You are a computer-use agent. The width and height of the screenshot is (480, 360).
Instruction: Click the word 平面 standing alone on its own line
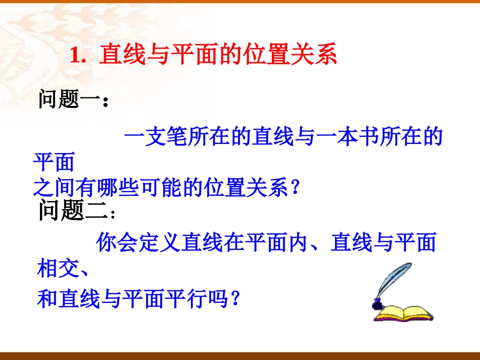(54, 163)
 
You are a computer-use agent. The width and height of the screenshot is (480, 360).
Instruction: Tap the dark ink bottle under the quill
(377, 303)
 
